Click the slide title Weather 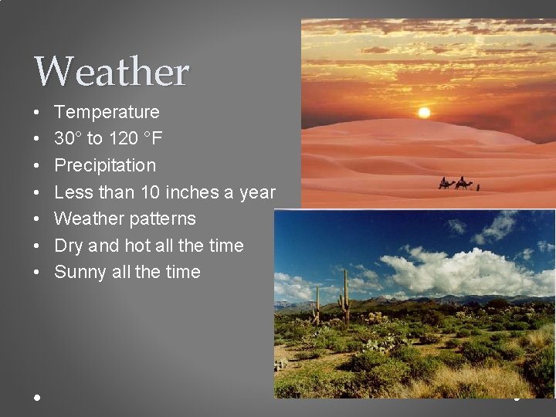coord(111,72)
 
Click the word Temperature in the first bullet coord(107,112)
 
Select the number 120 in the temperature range coord(120,139)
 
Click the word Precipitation coord(105,165)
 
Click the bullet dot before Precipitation coord(37,166)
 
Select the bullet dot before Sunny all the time coord(37,273)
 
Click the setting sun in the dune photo coord(423,113)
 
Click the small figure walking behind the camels coord(478,186)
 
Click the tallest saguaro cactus coord(344,297)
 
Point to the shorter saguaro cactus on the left coord(317,306)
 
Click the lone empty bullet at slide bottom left coord(37,397)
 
